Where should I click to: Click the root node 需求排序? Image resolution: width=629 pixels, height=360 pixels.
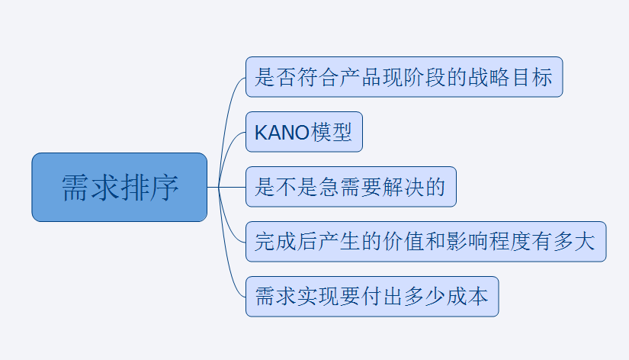tap(120, 187)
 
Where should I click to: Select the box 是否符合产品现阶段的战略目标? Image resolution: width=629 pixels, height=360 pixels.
tap(404, 77)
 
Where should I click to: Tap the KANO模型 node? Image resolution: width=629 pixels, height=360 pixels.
tap(304, 132)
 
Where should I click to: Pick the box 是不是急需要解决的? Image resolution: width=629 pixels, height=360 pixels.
tap(351, 187)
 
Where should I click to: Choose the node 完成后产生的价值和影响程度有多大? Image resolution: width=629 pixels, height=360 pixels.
tap(425, 242)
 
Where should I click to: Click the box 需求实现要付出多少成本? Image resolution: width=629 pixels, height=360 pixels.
tap(372, 297)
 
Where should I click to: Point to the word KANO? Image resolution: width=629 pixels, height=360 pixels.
tap(282, 133)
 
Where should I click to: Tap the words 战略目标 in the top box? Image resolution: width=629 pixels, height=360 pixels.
tap(510, 77)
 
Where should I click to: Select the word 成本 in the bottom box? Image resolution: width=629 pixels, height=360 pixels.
tap(467, 297)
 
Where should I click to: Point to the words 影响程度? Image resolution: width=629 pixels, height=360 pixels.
tap(467, 242)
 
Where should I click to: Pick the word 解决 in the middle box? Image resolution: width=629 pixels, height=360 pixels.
tap(403, 187)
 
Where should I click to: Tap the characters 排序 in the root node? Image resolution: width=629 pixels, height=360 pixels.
tap(149, 188)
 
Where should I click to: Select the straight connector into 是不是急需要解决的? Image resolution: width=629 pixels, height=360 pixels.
tap(226, 187)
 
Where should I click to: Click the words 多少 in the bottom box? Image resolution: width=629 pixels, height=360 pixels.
tap(425, 297)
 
